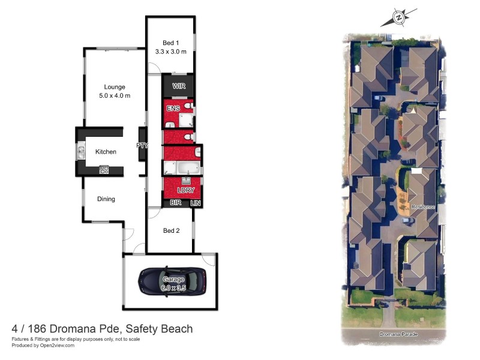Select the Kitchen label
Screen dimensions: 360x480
click(106, 152)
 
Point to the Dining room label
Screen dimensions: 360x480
click(106, 199)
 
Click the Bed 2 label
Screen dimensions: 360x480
click(171, 230)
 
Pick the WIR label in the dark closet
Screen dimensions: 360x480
click(179, 86)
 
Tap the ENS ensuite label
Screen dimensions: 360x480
click(173, 109)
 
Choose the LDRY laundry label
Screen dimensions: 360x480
click(185, 191)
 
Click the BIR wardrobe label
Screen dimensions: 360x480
click(176, 203)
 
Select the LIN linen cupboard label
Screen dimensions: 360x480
click(196, 203)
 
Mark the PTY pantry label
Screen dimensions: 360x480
click(142, 145)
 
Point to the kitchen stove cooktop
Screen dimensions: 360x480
click(104, 170)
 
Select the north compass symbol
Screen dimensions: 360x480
click(399, 18)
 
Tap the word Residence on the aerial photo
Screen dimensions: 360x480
click(422, 207)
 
